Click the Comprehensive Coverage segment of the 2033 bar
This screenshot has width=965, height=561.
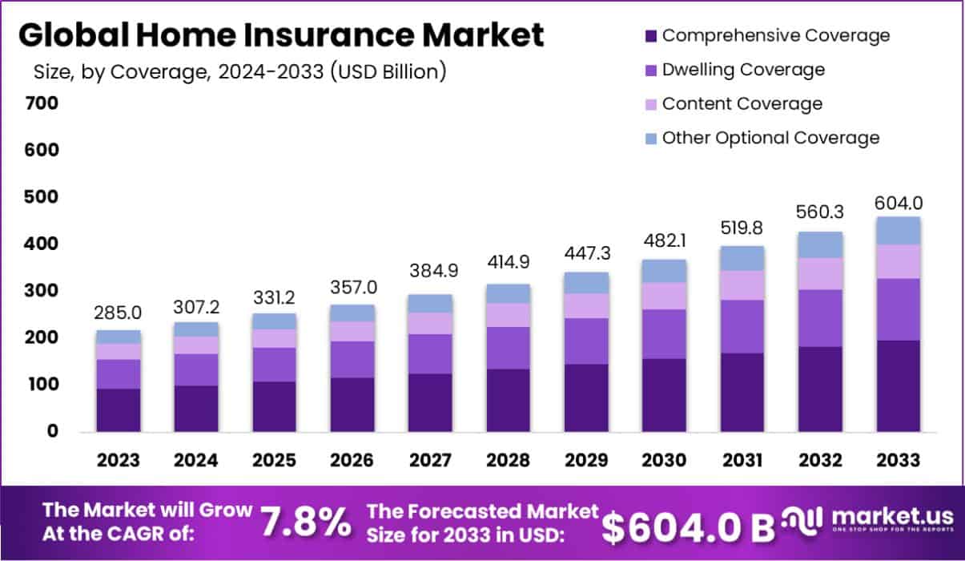pos(898,386)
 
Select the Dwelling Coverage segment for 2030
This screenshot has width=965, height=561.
pos(664,333)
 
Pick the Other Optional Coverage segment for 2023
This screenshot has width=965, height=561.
pos(119,337)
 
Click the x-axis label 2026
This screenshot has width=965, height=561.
pos(352,461)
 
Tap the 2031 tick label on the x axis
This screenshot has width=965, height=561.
pos(742,461)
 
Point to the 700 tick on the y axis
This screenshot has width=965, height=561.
pos(41,103)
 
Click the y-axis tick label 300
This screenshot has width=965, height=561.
pos(41,291)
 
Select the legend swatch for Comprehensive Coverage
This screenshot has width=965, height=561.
pos(649,36)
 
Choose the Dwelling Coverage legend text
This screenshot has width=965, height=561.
pos(743,70)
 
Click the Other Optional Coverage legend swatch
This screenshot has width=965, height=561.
pos(649,139)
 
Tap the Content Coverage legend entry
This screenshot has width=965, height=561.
pos(742,104)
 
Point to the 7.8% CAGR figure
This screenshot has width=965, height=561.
pos(306,523)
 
